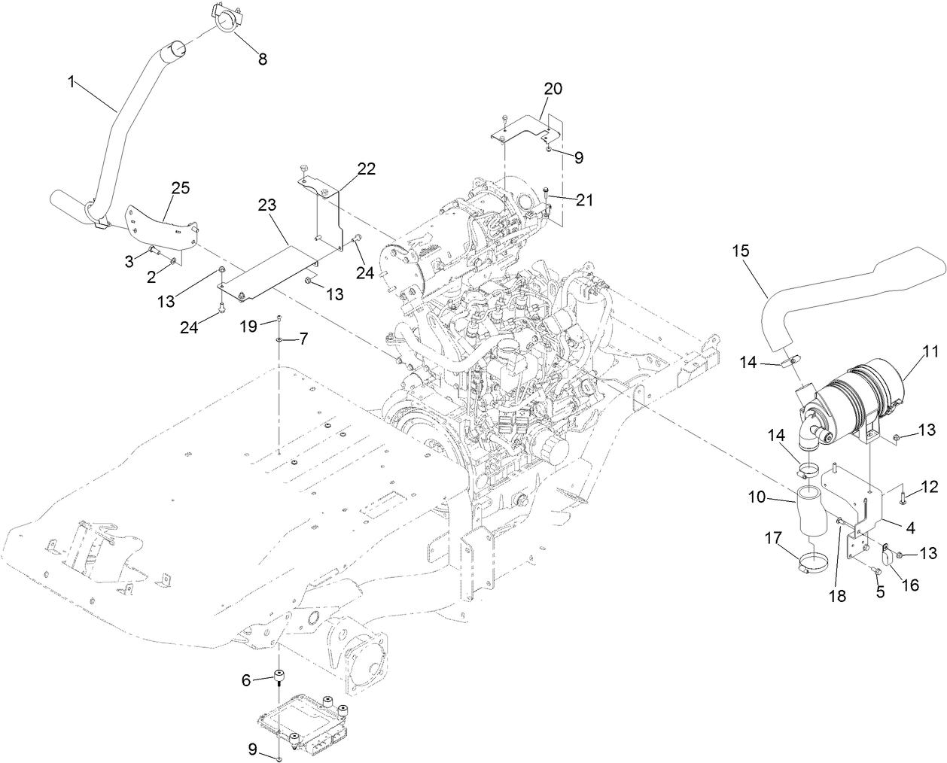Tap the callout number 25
tap(181, 187)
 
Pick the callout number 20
tap(553, 88)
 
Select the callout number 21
tap(584, 200)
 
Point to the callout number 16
tap(909, 584)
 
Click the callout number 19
tap(249, 325)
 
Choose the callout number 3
tap(129, 260)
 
